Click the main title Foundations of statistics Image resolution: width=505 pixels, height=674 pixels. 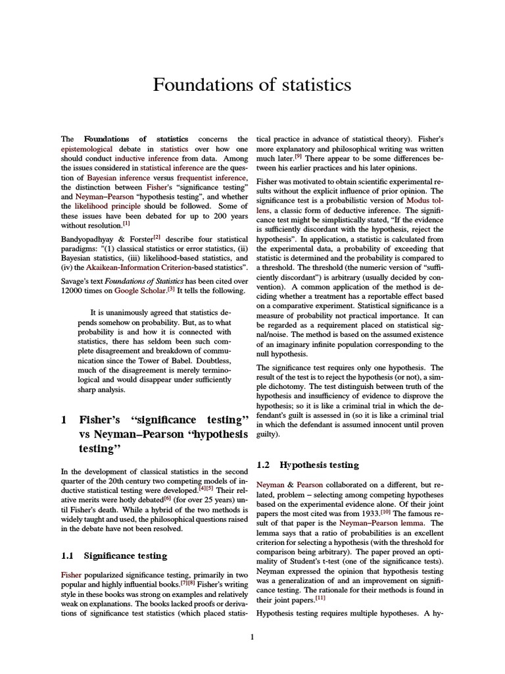coord(252,85)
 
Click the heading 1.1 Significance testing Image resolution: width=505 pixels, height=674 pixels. coord(114,556)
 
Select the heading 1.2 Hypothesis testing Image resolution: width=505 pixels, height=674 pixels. coord(308,465)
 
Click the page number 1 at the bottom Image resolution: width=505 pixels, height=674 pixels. coord(252,636)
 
